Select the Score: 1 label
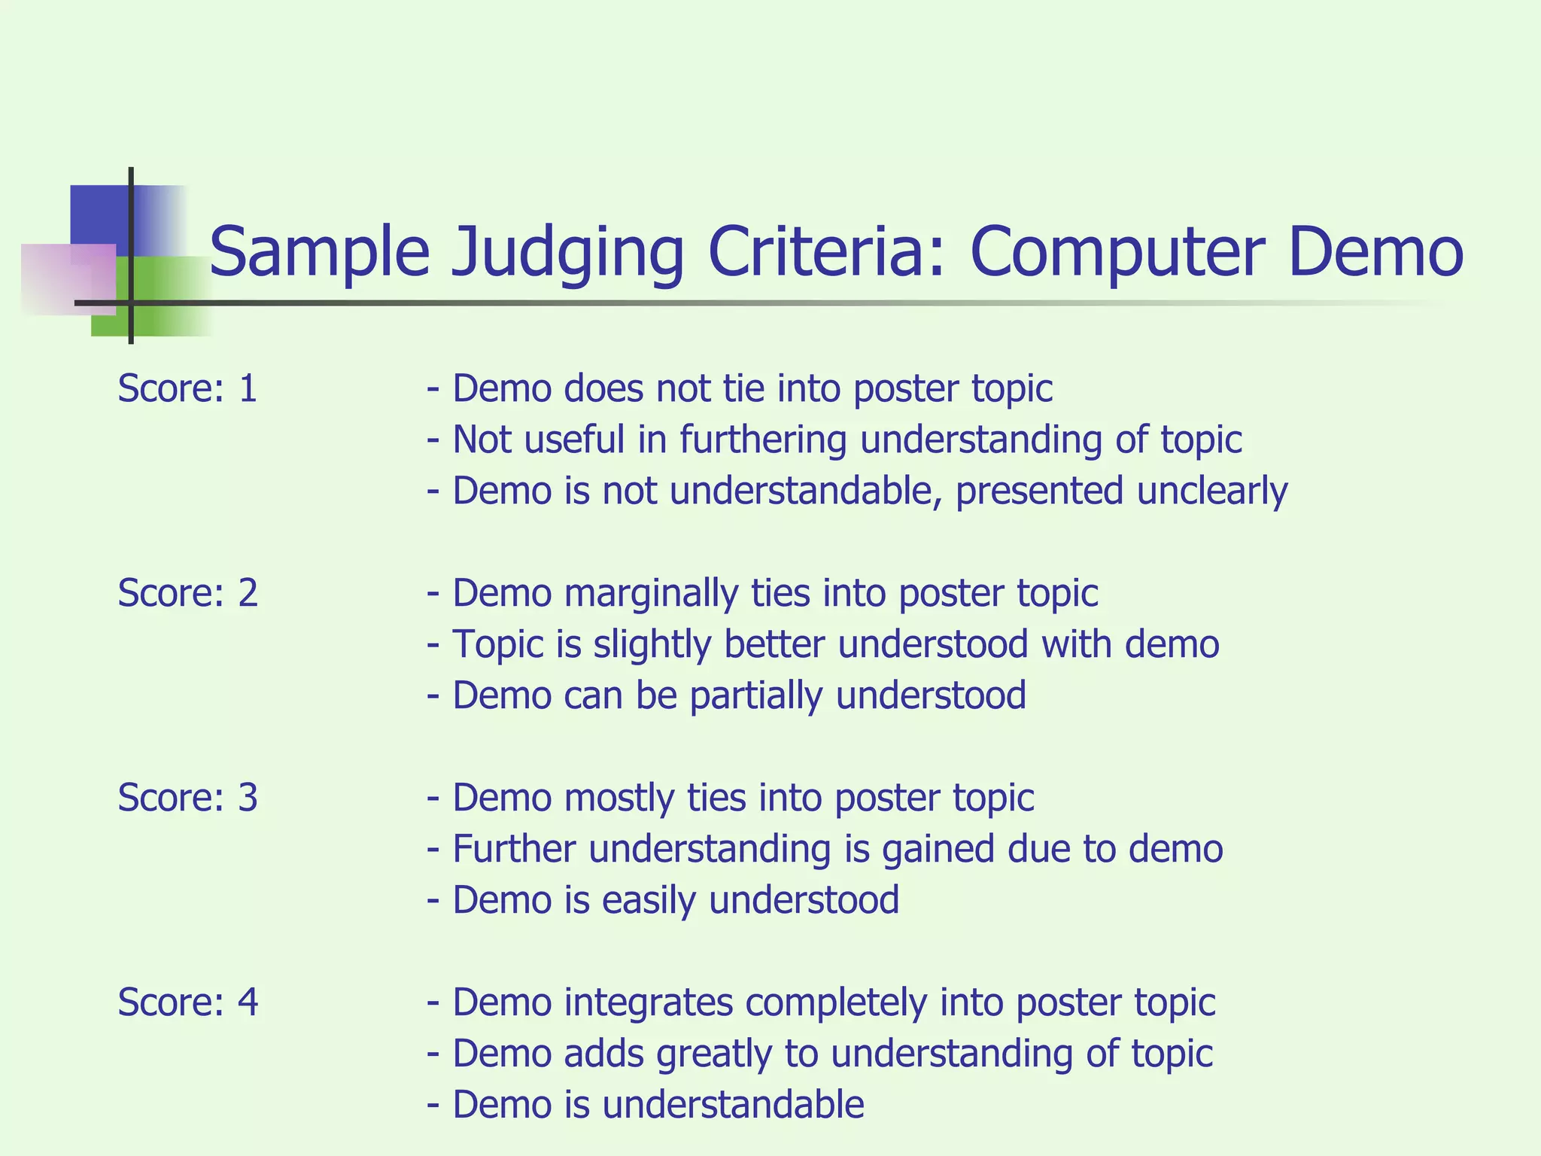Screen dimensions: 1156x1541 187,388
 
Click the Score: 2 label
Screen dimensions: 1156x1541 187,593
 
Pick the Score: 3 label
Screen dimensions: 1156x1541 187,798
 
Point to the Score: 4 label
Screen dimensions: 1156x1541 187,1002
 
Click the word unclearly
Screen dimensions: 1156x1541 1212,491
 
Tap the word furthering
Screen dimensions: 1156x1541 763,440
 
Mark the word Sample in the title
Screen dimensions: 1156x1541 319,253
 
